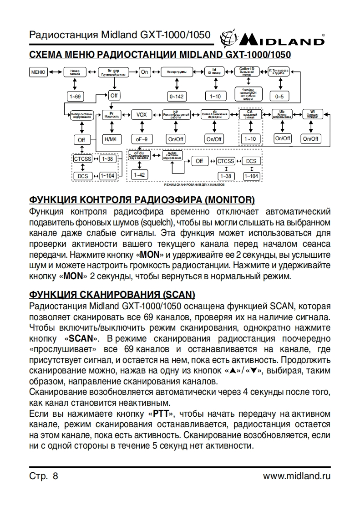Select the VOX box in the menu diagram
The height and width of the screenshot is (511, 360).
point(142,115)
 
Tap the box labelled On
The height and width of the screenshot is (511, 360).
point(145,72)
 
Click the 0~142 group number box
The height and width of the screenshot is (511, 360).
point(176,96)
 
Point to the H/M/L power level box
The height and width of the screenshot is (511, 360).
point(111,139)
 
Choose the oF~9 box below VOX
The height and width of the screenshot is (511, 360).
point(141,139)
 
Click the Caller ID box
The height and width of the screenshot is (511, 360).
point(247,72)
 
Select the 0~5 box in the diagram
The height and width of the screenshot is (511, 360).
point(279,96)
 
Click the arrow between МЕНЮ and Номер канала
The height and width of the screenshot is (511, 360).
point(55,72)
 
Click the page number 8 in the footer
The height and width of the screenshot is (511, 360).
point(56,476)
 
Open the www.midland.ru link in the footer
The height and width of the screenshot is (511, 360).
point(297,476)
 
